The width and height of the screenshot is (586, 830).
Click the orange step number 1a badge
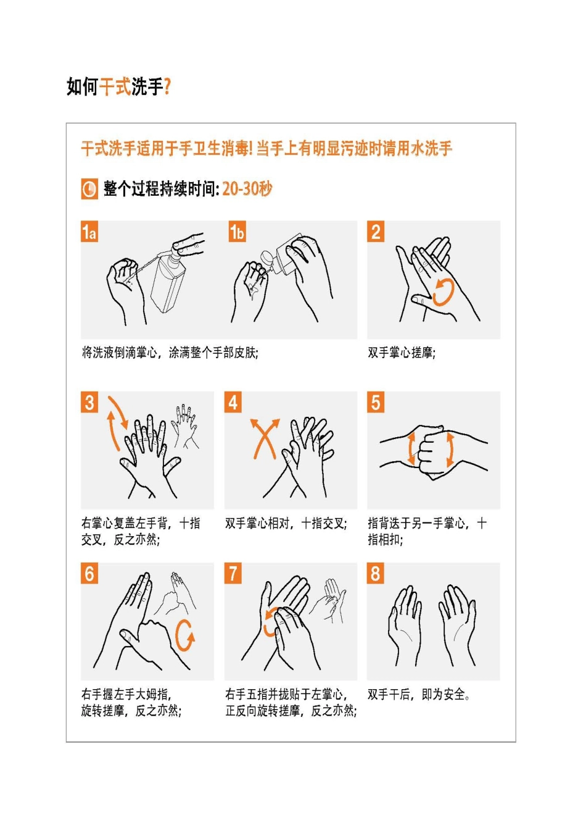point(89,232)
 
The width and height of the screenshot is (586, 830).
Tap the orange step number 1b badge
point(237,232)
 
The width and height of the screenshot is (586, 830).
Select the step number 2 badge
point(376,232)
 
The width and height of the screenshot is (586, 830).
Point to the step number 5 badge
point(376,402)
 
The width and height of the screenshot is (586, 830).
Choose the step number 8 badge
point(376,573)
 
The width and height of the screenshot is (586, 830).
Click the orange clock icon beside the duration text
point(89,189)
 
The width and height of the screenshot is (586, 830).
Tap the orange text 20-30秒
point(247,189)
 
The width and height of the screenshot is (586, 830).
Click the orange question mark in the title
point(167,87)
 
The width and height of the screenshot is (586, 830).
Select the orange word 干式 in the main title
point(115,87)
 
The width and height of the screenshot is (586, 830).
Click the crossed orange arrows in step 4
point(264,438)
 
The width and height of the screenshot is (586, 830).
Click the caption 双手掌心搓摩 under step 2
point(402,353)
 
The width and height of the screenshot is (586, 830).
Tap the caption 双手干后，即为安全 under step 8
point(419,695)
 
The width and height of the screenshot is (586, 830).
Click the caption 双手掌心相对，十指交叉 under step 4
point(286,524)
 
